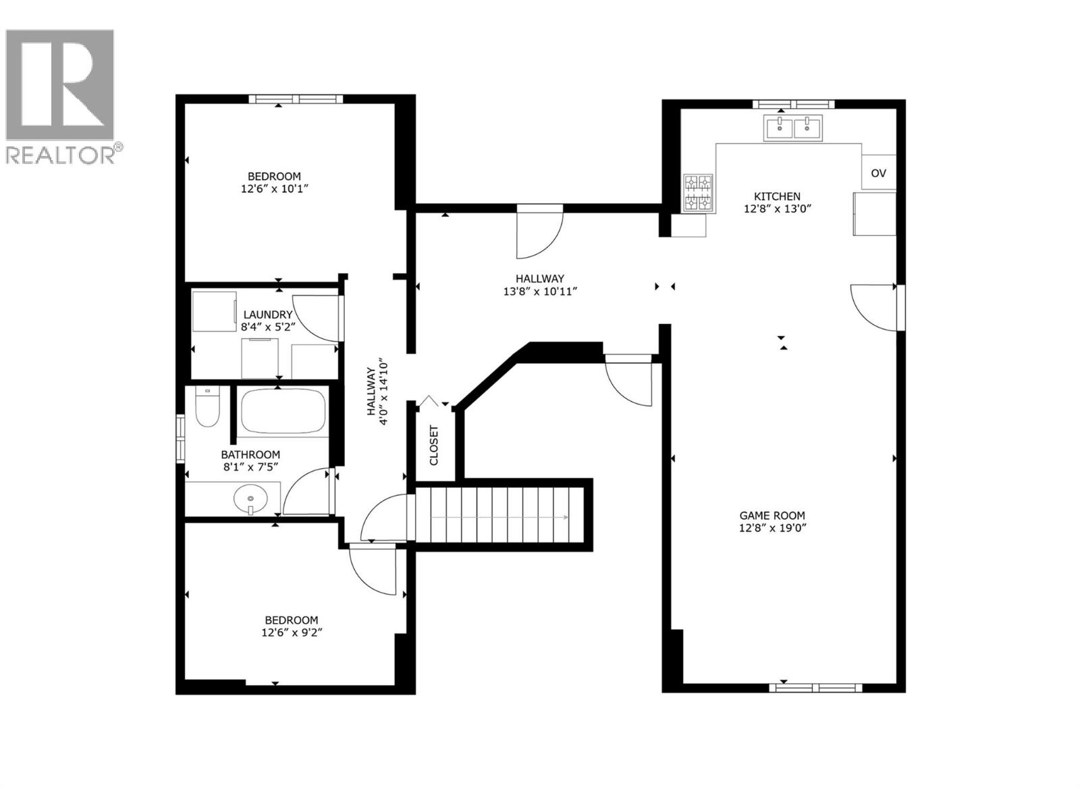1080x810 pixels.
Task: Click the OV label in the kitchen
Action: click(x=878, y=173)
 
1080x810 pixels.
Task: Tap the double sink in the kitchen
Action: click(x=793, y=128)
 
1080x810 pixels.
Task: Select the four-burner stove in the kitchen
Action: click(x=698, y=192)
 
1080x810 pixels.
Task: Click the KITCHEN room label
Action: click(x=777, y=196)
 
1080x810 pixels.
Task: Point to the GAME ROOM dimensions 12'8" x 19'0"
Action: click(x=773, y=528)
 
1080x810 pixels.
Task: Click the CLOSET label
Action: click(x=434, y=445)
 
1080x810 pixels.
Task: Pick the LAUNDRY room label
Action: click(x=268, y=315)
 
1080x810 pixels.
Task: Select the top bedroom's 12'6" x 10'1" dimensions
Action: click(x=274, y=189)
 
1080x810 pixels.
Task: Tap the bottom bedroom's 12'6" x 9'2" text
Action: click(x=291, y=632)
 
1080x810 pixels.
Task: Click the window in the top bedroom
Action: click(x=296, y=99)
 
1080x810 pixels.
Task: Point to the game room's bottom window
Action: click(x=816, y=688)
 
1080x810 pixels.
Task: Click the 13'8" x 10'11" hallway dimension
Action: click(x=540, y=291)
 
